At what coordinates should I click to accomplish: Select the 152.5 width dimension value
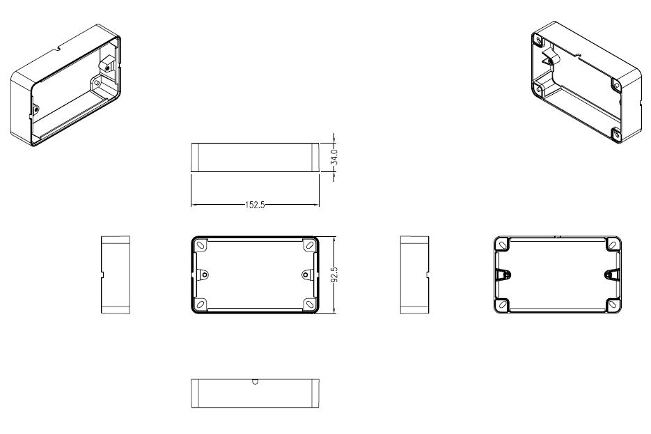(x=255, y=205)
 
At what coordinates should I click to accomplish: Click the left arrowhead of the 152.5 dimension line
(x=194, y=205)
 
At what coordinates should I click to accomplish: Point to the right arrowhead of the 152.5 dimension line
(x=316, y=205)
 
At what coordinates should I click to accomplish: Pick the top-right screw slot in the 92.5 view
(x=309, y=245)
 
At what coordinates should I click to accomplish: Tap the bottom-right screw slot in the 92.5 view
(x=309, y=304)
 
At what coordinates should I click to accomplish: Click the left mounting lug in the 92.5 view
(x=204, y=274)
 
